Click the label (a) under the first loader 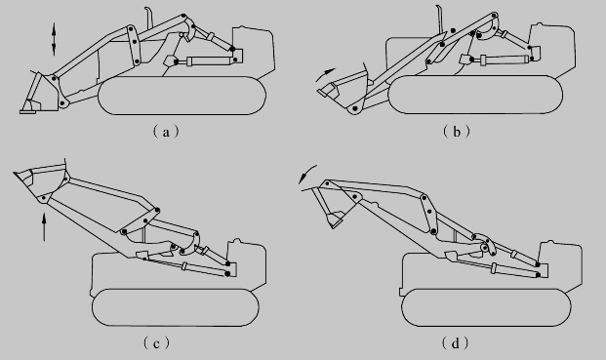166,132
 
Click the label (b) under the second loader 457,132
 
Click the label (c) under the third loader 156,342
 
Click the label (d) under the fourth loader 455,342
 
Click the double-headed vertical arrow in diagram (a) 54,39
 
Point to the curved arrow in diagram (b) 325,74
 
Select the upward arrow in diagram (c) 44,226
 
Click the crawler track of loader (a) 182,96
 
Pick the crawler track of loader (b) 475,95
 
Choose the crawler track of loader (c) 176,307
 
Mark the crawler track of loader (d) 486,307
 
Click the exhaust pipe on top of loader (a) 148,18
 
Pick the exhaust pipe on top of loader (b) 439,18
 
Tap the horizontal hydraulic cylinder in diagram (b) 502,60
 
